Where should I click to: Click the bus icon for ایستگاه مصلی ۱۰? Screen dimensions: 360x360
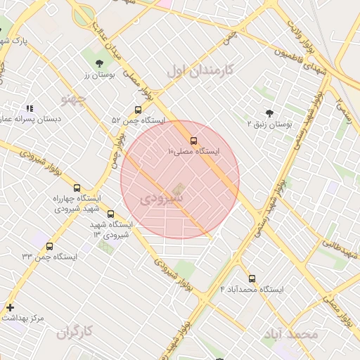click(x=193, y=141)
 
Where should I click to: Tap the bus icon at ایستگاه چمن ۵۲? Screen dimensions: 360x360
click(x=138, y=110)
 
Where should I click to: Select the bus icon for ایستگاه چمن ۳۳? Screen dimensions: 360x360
click(x=49, y=246)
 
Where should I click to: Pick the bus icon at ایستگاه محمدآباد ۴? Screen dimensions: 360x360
click(x=252, y=278)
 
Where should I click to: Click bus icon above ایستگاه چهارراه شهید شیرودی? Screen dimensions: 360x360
click(x=77, y=188)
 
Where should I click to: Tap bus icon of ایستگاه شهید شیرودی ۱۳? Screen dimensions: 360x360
click(x=110, y=214)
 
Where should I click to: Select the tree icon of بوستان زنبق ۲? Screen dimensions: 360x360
click(x=269, y=112)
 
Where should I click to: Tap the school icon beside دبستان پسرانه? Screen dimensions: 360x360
click(x=30, y=108)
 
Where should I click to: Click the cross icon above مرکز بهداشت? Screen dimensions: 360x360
click(x=10, y=307)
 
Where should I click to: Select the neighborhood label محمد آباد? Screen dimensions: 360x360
click(x=293, y=333)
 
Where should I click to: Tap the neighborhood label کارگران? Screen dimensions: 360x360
click(x=76, y=330)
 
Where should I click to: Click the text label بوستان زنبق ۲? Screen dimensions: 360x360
click(x=270, y=124)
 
